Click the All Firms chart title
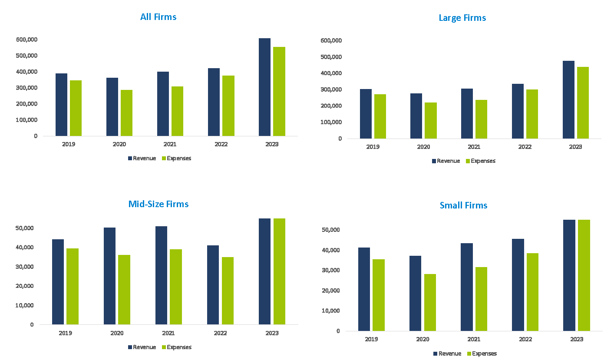(158, 17)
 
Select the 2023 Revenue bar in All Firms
(264, 87)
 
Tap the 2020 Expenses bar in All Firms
(126, 113)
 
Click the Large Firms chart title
(462, 18)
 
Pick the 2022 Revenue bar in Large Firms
(518, 111)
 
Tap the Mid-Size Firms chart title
(158, 204)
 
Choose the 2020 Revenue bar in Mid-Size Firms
(109, 276)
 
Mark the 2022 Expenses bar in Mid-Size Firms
(228, 291)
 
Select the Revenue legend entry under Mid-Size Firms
(142, 347)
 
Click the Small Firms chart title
(463, 205)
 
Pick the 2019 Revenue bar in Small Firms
(364, 289)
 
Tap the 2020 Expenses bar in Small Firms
(430, 302)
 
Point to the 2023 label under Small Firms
(576, 339)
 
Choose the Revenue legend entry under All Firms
(142, 158)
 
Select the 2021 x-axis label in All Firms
(170, 144)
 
